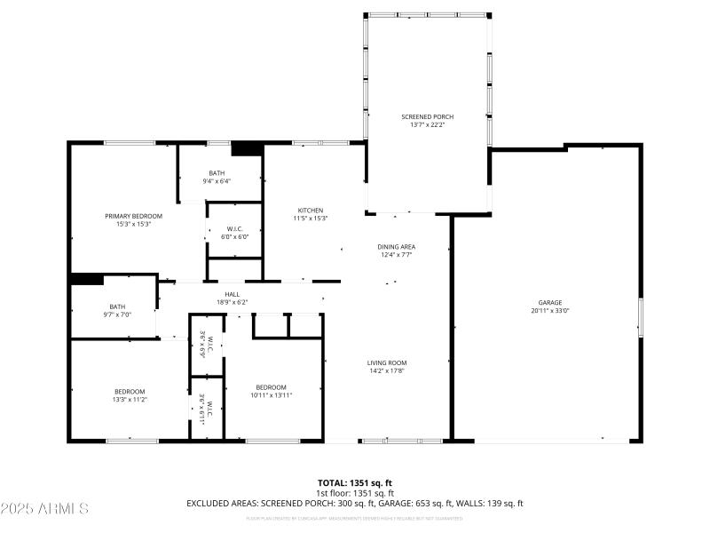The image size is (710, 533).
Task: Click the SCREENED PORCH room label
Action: (428, 116)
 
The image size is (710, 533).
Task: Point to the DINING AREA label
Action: (397, 246)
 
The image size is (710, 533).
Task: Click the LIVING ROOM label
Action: (387, 362)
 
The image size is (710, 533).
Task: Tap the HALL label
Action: (232, 294)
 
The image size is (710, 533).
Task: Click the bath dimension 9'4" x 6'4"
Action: (217, 181)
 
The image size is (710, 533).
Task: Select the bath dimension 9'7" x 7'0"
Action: (116, 314)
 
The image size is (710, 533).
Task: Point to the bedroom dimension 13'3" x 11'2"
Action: (130, 400)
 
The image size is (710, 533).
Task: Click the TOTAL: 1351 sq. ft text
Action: (355, 482)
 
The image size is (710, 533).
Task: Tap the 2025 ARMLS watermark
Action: (44, 509)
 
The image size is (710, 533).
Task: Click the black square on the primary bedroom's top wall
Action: (246, 149)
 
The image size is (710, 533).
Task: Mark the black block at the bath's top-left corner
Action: (87, 279)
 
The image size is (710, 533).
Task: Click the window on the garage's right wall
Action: (640, 317)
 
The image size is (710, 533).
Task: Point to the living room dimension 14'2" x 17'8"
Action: (387, 371)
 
